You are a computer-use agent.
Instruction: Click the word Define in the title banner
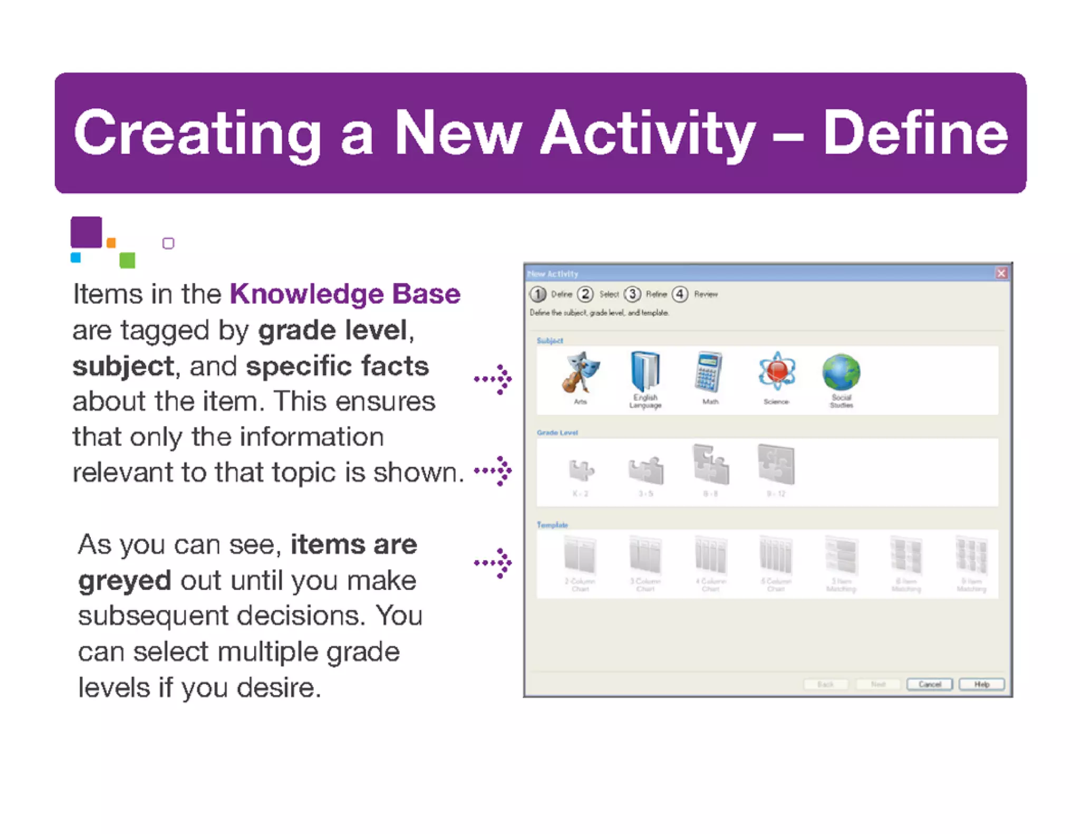pos(915,133)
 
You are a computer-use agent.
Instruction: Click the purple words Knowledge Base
pos(345,294)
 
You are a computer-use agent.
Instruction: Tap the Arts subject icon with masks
pos(580,373)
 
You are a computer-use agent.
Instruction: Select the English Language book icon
pos(645,372)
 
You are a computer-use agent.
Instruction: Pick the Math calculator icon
pos(709,372)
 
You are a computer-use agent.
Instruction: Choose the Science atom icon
pos(776,371)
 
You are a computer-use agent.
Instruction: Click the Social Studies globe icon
pos(841,372)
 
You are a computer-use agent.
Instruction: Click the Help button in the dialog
pos(981,684)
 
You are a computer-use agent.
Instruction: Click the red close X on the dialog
pos(1001,273)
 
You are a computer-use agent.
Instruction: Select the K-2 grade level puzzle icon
pos(581,470)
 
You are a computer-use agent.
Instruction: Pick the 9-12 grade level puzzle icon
pos(776,465)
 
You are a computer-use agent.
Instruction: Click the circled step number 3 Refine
pos(632,294)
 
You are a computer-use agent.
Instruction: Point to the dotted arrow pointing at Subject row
pos(493,379)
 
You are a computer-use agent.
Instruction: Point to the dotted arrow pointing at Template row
pos(493,563)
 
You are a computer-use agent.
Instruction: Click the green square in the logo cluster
pos(127,260)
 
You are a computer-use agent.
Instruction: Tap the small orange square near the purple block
pos(111,243)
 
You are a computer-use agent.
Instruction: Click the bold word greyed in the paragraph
pos(124,580)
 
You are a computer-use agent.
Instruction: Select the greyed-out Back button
pos(825,684)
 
